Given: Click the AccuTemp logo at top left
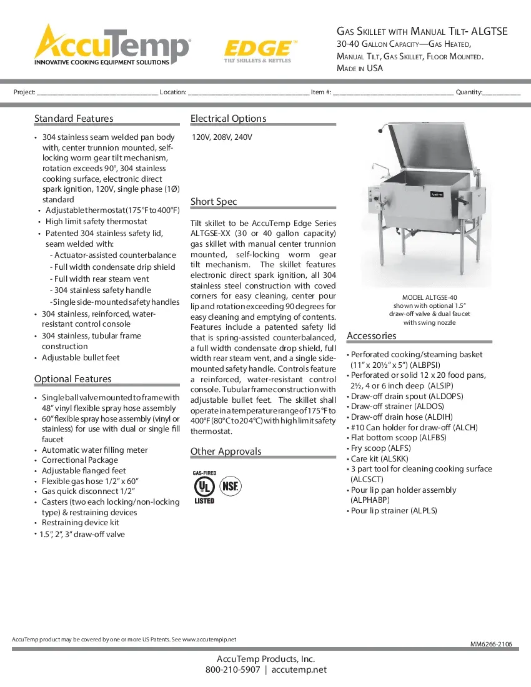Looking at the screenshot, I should (x=111, y=44).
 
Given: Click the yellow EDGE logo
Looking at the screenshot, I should (x=257, y=50).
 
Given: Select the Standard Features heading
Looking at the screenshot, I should (x=74, y=119).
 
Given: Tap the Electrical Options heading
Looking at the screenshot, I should (x=228, y=119).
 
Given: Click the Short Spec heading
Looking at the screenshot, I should (x=214, y=202).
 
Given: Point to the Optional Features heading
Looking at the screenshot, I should (x=72, y=379).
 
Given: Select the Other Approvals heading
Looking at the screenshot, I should (x=226, y=452).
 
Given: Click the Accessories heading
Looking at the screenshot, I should (x=371, y=336).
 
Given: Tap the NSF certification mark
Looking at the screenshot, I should (x=232, y=486).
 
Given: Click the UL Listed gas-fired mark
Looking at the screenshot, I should (x=204, y=487).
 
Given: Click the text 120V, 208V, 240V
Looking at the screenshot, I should (x=222, y=137).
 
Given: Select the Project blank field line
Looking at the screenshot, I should (x=97, y=93).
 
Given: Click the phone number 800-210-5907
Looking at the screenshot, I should (x=232, y=670).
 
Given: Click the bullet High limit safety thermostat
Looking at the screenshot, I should (x=96, y=221).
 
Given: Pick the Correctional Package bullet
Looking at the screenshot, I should (x=79, y=460).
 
